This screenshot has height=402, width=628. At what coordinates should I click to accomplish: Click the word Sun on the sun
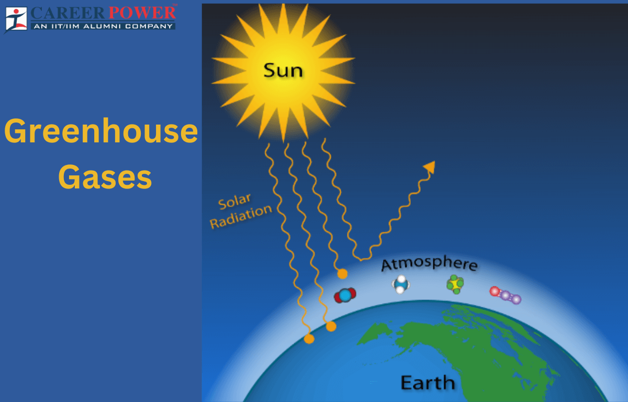[283, 70]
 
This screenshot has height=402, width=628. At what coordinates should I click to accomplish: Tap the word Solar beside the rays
[235, 203]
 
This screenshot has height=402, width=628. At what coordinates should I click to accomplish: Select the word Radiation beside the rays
[241, 216]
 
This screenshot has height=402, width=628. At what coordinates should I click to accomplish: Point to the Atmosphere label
[429, 264]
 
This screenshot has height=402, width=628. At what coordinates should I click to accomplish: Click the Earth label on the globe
[427, 383]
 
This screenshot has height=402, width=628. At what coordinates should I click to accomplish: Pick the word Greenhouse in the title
[101, 132]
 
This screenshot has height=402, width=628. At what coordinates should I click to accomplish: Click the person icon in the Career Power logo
[16, 18]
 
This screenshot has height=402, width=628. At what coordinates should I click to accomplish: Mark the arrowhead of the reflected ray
[430, 166]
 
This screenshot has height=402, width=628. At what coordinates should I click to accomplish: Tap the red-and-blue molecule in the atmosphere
[345, 296]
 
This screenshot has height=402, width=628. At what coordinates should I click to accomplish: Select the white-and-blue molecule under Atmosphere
[400, 284]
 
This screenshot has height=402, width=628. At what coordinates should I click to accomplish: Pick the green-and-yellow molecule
[455, 284]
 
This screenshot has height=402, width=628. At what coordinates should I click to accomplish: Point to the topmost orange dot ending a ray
[342, 274]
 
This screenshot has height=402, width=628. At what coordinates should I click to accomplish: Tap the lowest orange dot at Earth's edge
[309, 339]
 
